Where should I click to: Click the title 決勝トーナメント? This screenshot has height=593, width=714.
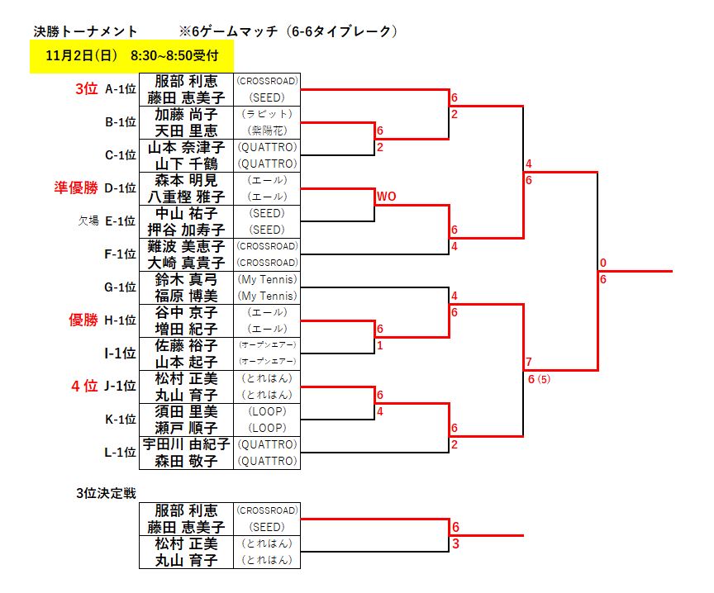(85, 31)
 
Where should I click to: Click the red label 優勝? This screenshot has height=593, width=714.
(84, 320)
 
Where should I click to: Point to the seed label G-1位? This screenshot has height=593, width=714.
(120, 287)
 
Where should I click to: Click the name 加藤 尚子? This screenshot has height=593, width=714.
(186, 114)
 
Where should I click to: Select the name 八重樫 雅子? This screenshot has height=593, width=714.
(186, 197)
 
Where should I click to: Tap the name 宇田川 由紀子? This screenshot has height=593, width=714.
(186, 444)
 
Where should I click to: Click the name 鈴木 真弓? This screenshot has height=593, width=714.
(186, 279)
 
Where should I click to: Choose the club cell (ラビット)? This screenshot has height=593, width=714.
(266, 114)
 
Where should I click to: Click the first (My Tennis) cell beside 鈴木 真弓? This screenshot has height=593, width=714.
(266, 279)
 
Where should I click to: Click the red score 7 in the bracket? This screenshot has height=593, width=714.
(529, 363)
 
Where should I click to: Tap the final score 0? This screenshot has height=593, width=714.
(603, 263)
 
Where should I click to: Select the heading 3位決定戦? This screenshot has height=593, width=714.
(106, 493)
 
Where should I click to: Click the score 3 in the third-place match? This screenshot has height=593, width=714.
(455, 544)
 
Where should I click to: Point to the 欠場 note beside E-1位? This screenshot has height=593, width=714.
(88, 221)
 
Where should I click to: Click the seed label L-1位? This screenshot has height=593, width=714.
(120, 453)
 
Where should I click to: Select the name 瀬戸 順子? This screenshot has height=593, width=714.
(186, 428)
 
